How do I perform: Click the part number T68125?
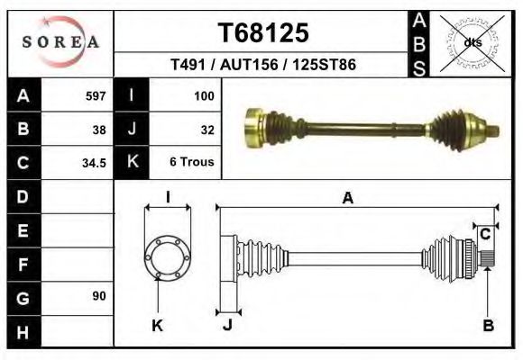coord(263,32)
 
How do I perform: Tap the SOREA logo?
coord(61,42)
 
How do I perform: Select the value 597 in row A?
coord(95,95)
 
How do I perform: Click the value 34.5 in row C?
coord(95,164)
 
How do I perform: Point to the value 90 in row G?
coord(98,296)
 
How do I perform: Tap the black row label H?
coord(23,330)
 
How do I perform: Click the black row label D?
coord(23,196)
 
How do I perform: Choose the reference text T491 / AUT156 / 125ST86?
coord(262,66)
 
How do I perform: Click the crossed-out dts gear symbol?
coord(472,41)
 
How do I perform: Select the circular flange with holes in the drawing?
coord(168,256)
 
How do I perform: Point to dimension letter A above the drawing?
coord(347,199)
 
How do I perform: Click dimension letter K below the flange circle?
coord(157,325)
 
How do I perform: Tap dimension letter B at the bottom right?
coord(488,326)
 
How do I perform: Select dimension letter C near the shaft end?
coord(484,234)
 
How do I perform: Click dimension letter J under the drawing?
coord(227,325)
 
